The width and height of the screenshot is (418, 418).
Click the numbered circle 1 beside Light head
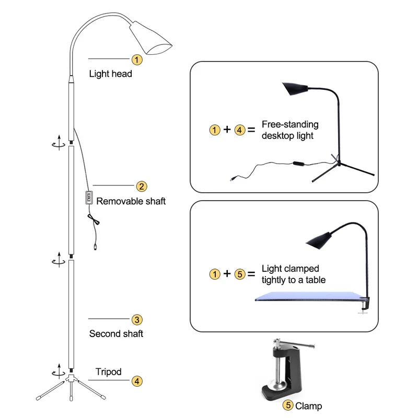pyautogui.click(x=136, y=60)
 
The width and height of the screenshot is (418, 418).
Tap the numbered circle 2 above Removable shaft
pyautogui.click(x=142, y=187)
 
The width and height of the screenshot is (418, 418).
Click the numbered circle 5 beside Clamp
pyautogui.click(x=288, y=405)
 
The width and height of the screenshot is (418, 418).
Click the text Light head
pyautogui.click(x=110, y=74)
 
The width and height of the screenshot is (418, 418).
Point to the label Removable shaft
pyautogui.click(x=131, y=201)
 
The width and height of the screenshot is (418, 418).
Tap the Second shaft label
pyautogui.click(x=116, y=333)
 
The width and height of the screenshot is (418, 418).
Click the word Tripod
pyautogui.click(x=108, y=372)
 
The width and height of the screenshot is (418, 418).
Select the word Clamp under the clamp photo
pyautogui.click(x=309, y=406)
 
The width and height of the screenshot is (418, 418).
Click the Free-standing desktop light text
pyautogui.click(x=290, y=130)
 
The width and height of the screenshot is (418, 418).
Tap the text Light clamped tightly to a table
pyautogui.click(x=293, y=274)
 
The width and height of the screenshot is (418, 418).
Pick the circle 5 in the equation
pyautogui.click(x=240, y=274)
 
